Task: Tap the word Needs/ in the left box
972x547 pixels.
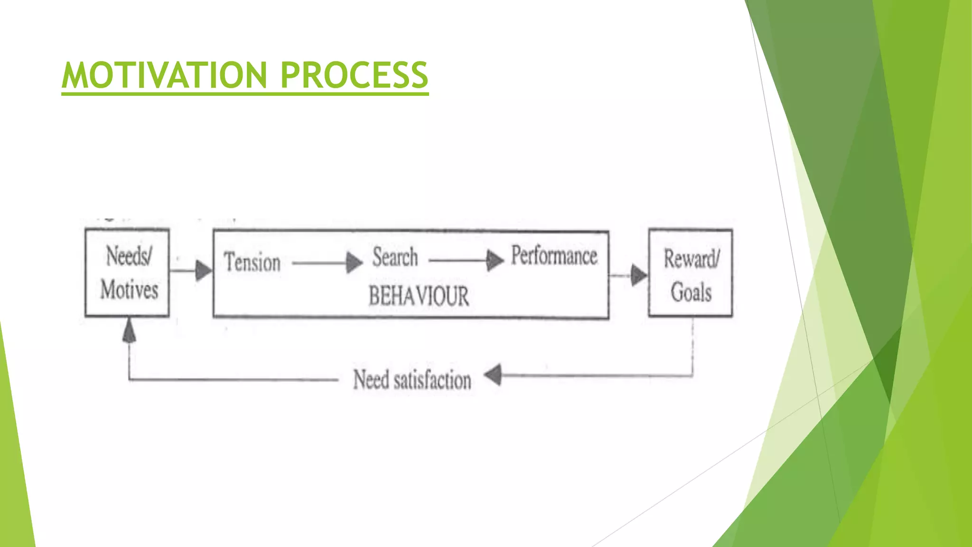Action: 129,256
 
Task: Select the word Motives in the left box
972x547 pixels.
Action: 129,289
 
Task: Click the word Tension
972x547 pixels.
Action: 252,263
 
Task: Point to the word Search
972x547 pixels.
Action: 395,257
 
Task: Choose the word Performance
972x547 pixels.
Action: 554,255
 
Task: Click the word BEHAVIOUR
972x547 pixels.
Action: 419,296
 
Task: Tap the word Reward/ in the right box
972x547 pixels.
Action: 692,259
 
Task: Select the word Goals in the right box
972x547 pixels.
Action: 691,292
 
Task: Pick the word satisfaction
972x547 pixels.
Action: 432,380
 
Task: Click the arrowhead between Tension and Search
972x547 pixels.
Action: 354,263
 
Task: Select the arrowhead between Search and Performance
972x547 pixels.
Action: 495,260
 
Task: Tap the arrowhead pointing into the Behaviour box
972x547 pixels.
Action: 204,271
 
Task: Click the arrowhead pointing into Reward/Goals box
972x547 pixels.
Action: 638,275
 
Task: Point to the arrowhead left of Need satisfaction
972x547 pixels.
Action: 493,375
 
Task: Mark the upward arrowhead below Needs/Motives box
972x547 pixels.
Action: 129,330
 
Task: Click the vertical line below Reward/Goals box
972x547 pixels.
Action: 692,347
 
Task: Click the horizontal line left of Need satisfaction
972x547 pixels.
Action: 233,379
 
